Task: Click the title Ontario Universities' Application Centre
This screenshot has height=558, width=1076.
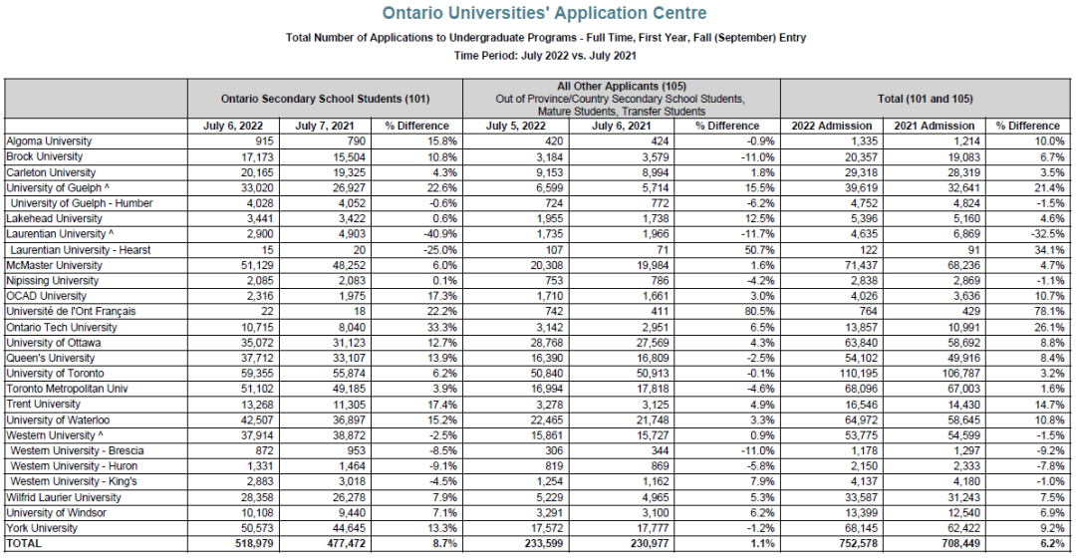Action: [545, 13]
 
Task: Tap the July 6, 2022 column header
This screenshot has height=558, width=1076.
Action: [232, 126]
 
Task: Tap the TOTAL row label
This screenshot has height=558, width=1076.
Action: [24, 544]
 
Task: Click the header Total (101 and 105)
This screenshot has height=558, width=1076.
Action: [923, 99]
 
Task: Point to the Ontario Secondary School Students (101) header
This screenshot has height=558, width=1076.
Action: [325, 99]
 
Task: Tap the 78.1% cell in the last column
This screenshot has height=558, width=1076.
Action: [1045, 312]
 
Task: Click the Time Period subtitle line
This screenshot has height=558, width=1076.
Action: [545, 56]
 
